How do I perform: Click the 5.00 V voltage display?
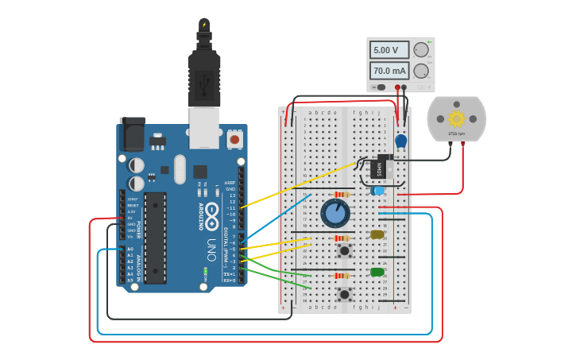[389, 50]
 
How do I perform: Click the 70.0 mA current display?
[389, 71]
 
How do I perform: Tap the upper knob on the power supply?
[420, 50]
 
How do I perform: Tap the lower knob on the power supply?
[420, 71]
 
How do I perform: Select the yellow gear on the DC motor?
[456, 118]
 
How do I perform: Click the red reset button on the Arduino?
[234, 139]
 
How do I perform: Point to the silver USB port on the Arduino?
[204, 127]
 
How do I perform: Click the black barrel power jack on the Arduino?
[132, 134]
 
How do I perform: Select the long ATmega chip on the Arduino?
[155, 237]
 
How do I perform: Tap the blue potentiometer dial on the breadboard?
[335, 212]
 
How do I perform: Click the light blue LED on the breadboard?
[378, 191]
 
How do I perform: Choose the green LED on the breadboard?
[377, 272]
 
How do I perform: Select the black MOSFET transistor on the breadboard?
[381, 167]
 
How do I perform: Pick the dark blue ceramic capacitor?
[401, 141]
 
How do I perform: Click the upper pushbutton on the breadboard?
[344, 251]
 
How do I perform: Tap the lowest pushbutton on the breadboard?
[344, 294]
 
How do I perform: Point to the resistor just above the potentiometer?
[342, 195]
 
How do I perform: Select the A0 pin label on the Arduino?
[130, 249]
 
